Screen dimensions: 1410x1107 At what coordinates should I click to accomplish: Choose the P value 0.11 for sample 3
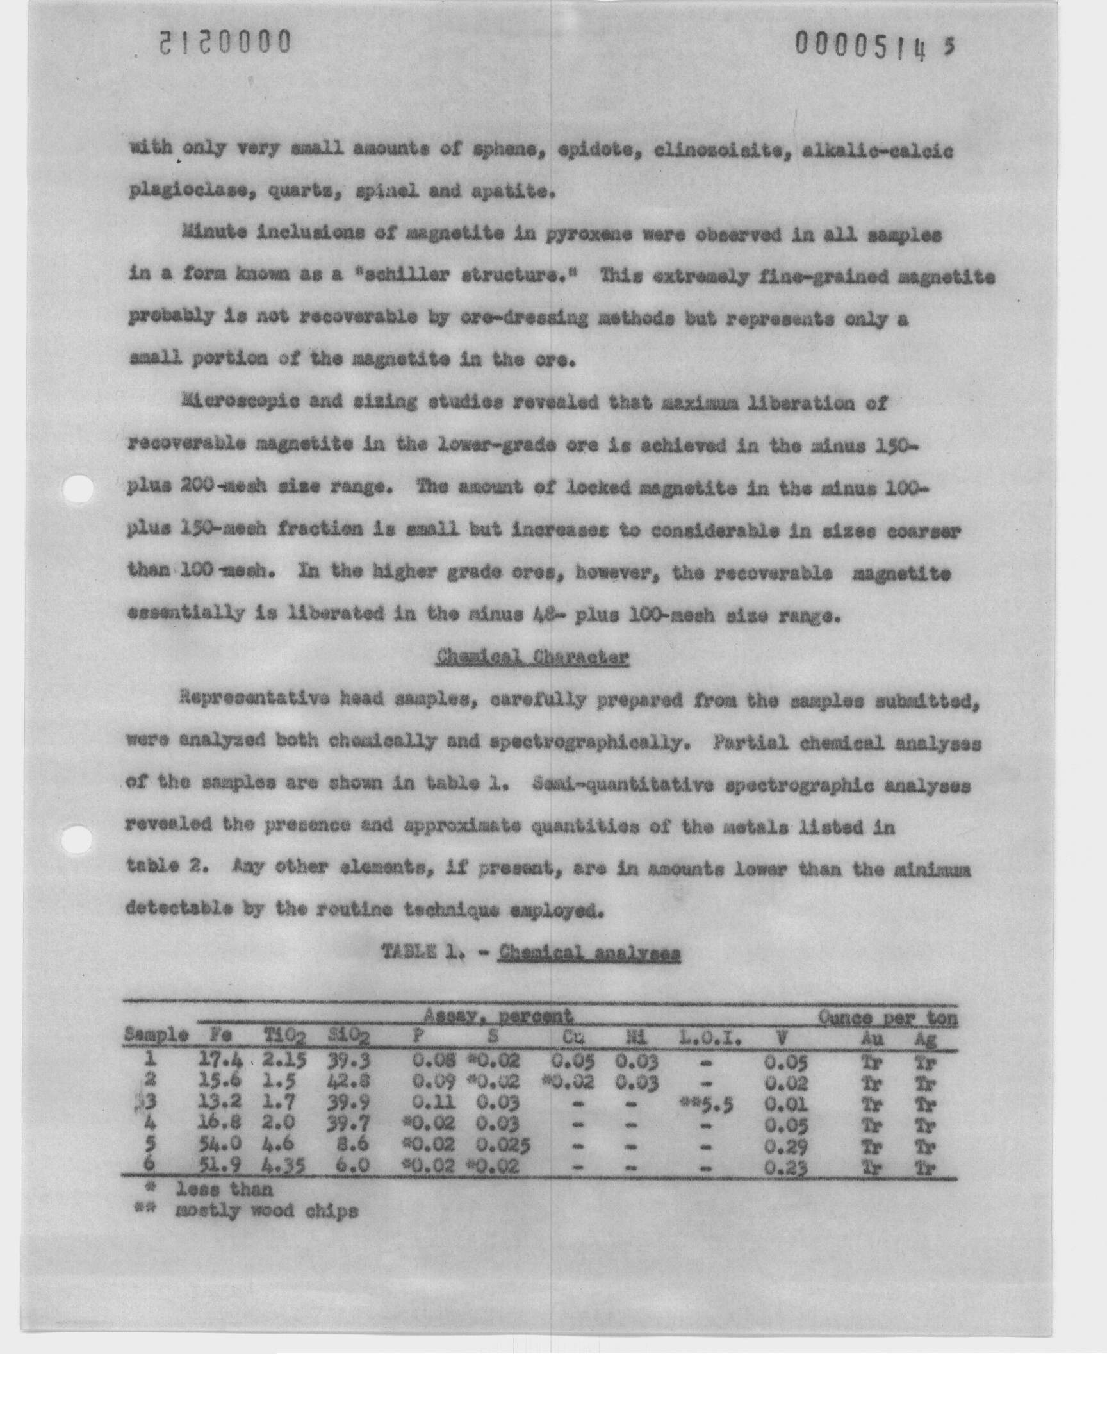(x=434, y=1104)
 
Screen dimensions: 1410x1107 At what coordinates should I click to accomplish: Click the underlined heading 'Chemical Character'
(x=532, y=658)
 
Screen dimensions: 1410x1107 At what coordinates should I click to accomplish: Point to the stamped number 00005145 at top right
(x=874, y=47)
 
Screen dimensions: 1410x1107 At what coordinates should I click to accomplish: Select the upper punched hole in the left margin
(x=78, y=489)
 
